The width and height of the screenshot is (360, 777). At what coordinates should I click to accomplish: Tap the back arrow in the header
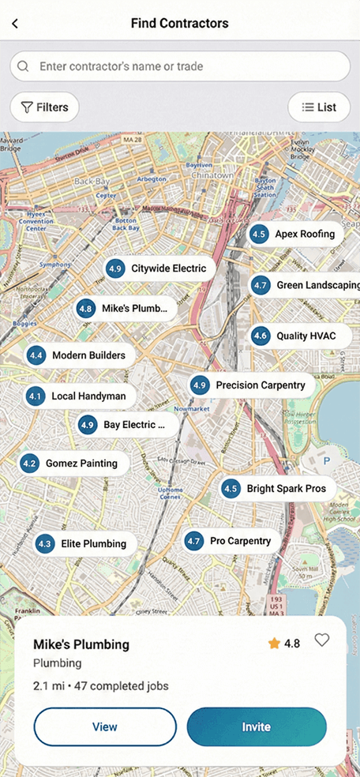coord(15,24)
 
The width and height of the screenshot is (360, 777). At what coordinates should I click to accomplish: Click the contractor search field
coord(180,66)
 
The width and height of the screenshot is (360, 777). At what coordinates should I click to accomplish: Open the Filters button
coord(45,107)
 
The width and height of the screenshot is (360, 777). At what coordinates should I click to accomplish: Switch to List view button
coord(319,107)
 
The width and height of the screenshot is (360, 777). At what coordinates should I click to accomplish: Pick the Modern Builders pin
coord(80,355)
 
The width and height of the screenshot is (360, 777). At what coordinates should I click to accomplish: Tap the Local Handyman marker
coord(80,396)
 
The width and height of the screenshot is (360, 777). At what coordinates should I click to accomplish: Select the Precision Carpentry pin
coord(252,385)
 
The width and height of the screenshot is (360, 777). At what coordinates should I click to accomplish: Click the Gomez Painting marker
coord(73,464)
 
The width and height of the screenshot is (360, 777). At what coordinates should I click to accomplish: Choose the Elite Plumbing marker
coord(85,543)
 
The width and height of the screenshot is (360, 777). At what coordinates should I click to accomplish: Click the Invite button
coord(257,727)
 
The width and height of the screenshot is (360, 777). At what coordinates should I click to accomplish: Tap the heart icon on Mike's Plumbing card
coord(321,640)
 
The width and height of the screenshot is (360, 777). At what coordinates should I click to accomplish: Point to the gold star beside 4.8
coord(274,644)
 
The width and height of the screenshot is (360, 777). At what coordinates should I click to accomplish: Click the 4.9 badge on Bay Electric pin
coord(88,425)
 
